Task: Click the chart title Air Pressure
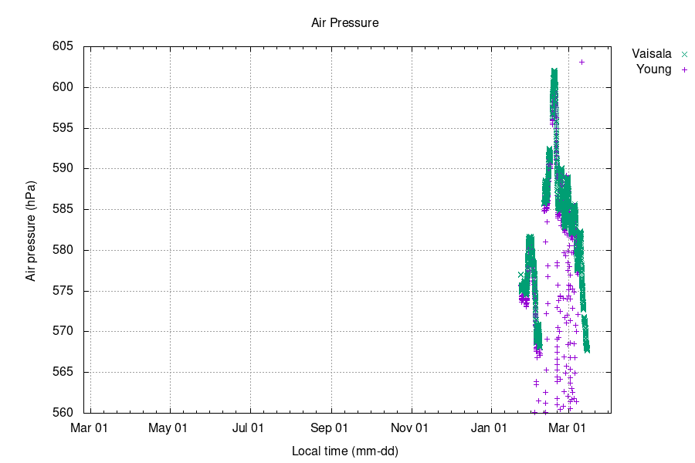pyautogui.click(x=344, y=23)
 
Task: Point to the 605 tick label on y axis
pyautogui.click(x=63, y=46)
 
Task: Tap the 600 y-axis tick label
pyautogui.click(x=63, y=87)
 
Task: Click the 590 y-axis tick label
pyautogui.click(x=63, y=168)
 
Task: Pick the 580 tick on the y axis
pyautogui.click(x=63, y=250)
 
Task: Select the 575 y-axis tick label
pyautogui.click(x=63, y=291)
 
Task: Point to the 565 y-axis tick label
pyautogui.click(x=63, y=372)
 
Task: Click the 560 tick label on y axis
pyautogui.click(x=63, y=413)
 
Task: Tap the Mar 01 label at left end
pyautogui.click(x=91, y=428)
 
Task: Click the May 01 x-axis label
pyautogui.click(x=171, y=428)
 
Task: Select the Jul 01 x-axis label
pyautogui.click(x=250, y=428)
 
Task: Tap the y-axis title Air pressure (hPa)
pyautogui.click(x=31, y=231)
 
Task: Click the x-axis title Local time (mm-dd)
pyautogui.click(x=345, y=451)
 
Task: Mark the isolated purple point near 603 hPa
pyautogui.click(x=581, y=63)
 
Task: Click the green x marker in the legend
pyautogui.click(x=683, y=54)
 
